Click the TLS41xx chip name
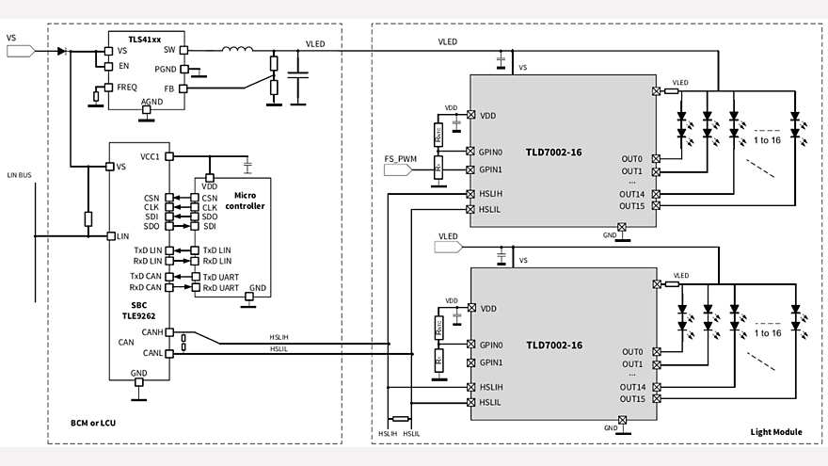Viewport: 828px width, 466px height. [145, 39]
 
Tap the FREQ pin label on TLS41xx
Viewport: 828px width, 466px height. [127, 87]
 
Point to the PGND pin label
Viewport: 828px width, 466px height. [166, 69]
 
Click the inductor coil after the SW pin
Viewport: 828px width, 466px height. [236, 50]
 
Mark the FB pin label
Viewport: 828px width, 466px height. [170, 88]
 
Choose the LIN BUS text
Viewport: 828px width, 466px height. [19, 175]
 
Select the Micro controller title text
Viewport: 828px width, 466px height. [249, 200]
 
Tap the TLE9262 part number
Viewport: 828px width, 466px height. [139, 316]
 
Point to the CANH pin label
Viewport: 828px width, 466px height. [151, 332]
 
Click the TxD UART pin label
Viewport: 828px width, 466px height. [221, 276]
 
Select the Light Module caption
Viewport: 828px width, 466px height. [776, 432]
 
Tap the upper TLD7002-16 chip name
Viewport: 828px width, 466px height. [553, 152]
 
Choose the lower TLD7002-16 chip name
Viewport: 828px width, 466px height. [553, 345]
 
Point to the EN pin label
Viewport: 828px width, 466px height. [123, 66]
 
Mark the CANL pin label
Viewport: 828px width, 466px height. [151, 354]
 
